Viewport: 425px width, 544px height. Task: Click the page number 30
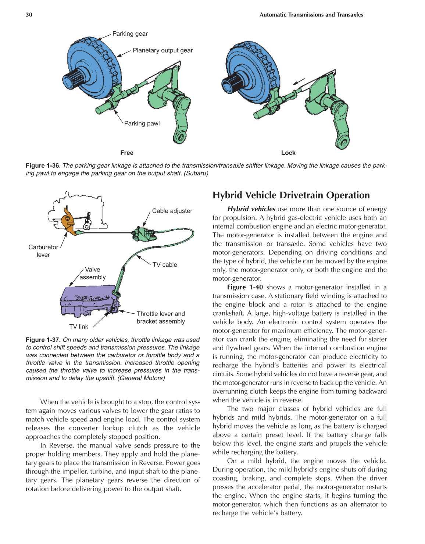point(29,15)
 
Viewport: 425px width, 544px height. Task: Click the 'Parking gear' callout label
point(130,34)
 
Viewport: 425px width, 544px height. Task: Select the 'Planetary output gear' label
point(162,50)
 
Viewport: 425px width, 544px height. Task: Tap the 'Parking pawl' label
point(142,124)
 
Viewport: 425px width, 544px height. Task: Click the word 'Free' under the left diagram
point(127,153)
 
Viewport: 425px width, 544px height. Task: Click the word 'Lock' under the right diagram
point(288,153)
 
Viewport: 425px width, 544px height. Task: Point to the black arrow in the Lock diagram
point(299,81)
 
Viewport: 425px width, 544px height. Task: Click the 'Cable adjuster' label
point(172,211)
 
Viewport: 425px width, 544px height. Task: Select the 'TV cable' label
point(165,265)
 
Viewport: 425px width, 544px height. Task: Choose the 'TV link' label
point(79,327)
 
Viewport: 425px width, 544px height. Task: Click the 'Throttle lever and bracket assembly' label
point(161,317)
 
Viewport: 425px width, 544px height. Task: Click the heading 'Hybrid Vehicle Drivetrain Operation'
point(291,195)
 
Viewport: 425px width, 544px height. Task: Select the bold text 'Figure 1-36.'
point(43,166)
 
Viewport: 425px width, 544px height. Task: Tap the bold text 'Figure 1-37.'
point(43,340)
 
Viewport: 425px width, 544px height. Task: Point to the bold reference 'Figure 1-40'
point(245,287)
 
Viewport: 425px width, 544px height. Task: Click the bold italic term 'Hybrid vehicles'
point(251,209)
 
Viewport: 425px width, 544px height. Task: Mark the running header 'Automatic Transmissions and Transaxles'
point(311,15)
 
